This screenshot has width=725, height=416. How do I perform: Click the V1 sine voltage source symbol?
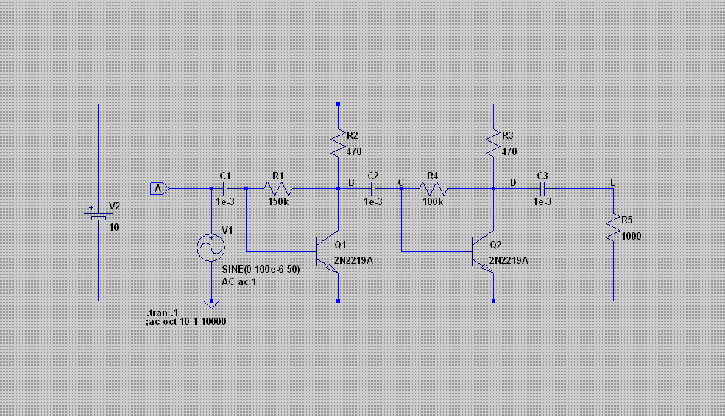211,248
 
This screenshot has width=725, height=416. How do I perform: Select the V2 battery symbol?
99,215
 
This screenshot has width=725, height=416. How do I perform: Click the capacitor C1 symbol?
225,188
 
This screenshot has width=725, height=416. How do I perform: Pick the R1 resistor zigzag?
278,188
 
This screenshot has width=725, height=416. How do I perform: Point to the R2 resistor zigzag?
339,143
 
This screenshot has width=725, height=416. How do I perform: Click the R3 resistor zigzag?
493,143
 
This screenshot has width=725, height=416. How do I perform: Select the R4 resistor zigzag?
434,188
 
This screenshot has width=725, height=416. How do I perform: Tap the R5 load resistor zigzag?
614,226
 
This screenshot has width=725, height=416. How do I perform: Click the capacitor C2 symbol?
373,188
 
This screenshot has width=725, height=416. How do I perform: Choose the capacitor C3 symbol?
542,188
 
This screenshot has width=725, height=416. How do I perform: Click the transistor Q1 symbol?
328,251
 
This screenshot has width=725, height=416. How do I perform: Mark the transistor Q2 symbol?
483,251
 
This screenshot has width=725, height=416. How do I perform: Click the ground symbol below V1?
211,305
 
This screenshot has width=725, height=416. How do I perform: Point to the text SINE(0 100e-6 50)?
261,269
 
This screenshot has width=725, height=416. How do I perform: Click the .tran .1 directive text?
162,312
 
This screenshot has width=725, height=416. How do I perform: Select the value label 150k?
278,202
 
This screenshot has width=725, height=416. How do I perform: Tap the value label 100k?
433,202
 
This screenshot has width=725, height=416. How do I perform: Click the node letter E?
613,183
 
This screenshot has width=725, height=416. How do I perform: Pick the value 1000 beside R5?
631,237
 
